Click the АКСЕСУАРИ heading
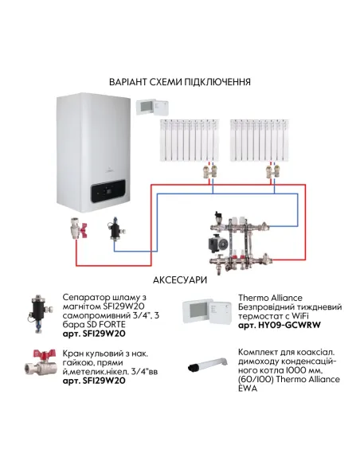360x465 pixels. tap(181, 279)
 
